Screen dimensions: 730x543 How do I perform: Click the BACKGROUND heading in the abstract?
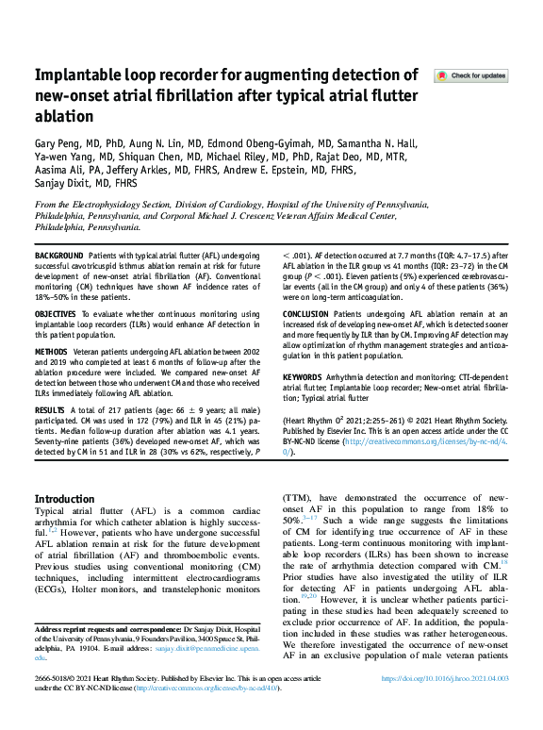point(58,257)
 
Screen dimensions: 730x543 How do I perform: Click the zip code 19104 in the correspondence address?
point(90,649)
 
